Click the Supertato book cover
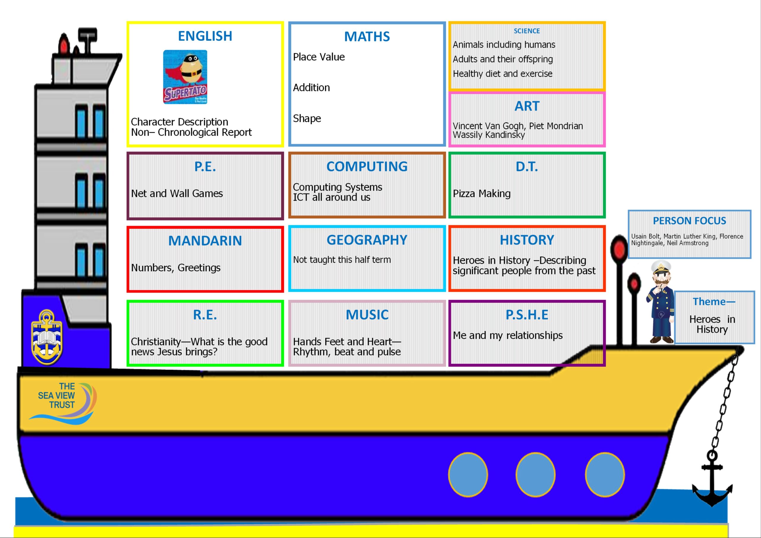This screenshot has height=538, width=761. point(185,77)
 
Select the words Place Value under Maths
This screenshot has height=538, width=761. point(319,57)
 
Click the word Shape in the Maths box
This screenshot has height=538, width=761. point(307,119)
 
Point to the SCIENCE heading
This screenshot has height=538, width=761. point(527,31)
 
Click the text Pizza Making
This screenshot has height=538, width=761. point(482,194)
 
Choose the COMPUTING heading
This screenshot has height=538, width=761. point(367,167)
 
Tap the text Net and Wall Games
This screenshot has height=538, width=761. point(177,194)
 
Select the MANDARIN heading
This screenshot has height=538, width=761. point(205,241)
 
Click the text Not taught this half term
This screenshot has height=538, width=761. point(342,259)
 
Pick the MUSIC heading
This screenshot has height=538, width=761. point(367,315)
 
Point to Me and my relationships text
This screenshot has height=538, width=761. point(508,336)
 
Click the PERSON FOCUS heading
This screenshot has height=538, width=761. point(689,221)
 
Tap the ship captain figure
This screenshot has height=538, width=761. point(661,302)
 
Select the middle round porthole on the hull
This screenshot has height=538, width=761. point(535,475)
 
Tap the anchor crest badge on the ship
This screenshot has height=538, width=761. point(47,337)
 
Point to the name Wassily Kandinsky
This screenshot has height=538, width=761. point(489,135)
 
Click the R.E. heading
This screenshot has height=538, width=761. point(205,315)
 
